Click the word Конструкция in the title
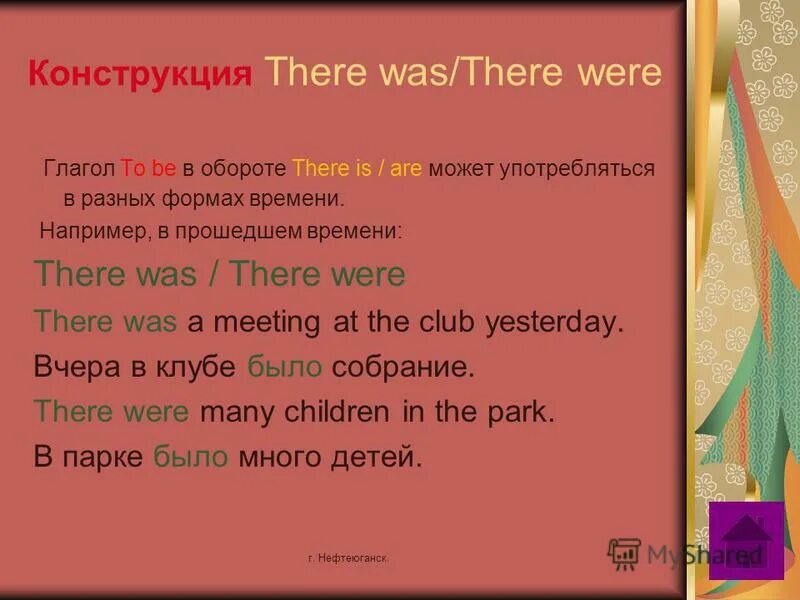140,75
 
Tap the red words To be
148,168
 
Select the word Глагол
80,168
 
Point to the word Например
91,231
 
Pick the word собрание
400,366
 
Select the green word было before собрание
285,366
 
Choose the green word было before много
192,457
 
